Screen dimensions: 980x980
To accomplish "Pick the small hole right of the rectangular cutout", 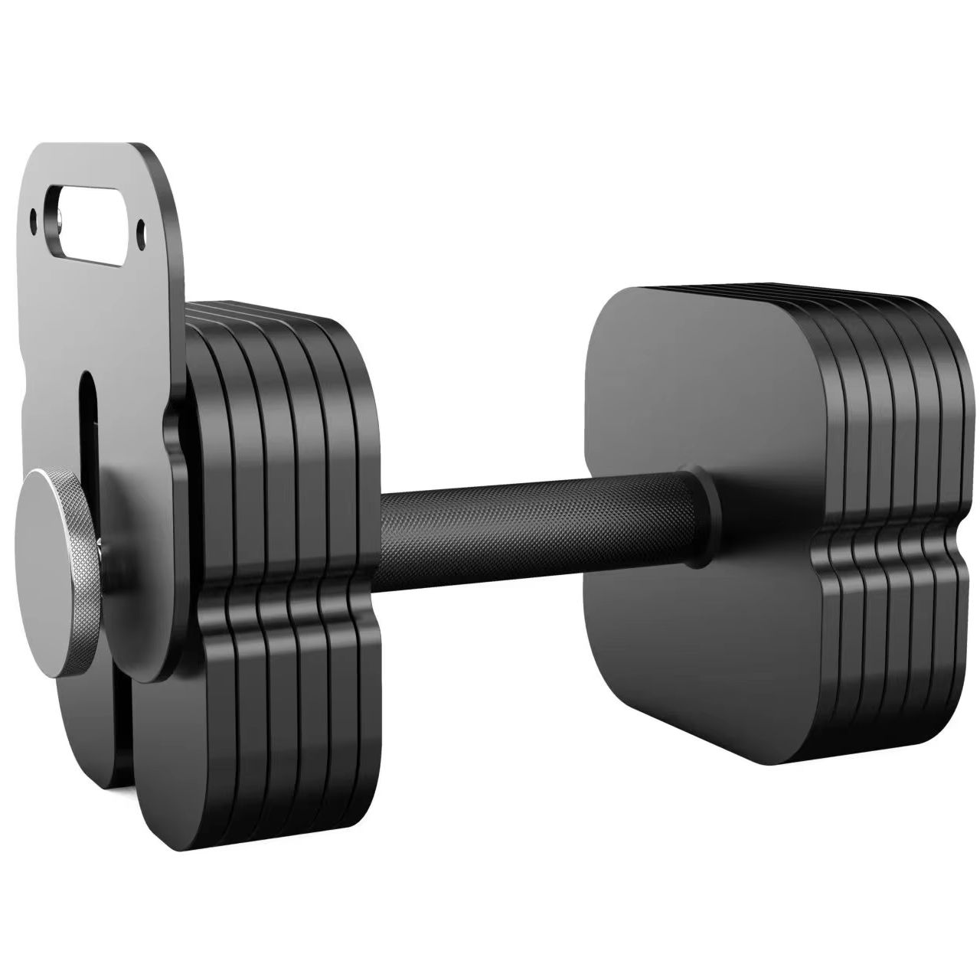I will (x=140, y=227).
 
